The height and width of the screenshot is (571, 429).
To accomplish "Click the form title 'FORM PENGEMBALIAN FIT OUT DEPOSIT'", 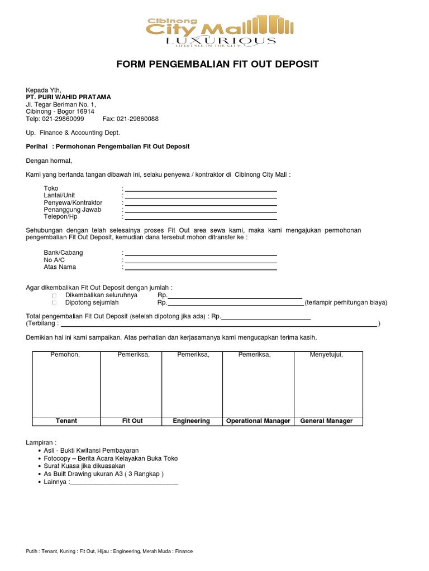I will [217, 65].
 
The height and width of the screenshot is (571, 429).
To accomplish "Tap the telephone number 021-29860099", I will [63, 119].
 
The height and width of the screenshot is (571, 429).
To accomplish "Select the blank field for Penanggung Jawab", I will [201, 211].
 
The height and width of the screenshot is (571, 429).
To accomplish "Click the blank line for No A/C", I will [201, 262].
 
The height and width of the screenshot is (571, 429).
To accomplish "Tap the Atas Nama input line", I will [201, 269].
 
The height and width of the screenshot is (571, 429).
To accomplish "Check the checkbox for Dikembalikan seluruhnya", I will [55, 296].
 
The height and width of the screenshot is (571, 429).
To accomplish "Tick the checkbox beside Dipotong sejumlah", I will [55, 303].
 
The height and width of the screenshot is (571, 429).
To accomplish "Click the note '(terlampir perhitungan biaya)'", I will [346, 303].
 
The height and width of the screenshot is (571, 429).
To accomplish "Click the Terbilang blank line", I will [218, 325].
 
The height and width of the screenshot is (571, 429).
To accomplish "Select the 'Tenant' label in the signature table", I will [66, 421].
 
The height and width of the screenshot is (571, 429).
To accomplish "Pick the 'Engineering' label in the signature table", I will [192, 421].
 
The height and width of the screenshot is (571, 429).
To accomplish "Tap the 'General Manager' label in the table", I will [326, 421].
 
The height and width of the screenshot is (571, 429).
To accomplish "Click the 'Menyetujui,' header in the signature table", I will [326, 355].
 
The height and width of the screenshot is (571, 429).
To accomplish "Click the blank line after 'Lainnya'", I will [124, 483].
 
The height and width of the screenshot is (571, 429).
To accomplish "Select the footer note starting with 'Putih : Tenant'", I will [109, 551].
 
